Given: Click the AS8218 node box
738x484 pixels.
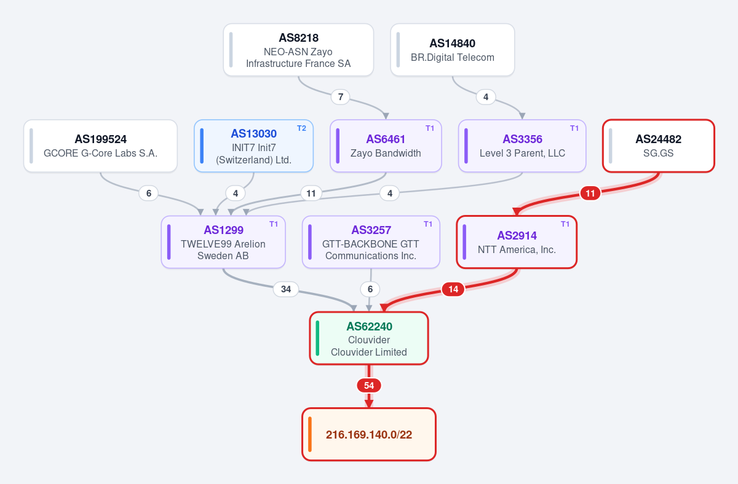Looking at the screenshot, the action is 298,50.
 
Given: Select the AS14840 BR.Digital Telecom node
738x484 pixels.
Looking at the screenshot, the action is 453,50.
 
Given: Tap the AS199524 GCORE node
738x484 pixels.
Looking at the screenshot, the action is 100,146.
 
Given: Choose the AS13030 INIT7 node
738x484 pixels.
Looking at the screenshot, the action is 253,146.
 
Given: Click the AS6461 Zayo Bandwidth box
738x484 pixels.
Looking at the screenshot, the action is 386,146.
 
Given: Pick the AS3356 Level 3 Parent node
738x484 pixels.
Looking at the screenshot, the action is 522,146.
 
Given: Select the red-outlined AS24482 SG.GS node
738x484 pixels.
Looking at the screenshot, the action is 659,146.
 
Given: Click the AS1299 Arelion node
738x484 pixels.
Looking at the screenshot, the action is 223,242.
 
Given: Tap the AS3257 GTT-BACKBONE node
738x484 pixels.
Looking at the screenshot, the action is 371,242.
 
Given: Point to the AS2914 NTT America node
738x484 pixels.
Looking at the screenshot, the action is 517,242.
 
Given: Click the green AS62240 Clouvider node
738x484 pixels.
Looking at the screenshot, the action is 369,338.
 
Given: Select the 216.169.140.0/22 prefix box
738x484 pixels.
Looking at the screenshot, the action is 369,434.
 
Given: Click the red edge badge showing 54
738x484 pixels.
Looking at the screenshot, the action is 369,385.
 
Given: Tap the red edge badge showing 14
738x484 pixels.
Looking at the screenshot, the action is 453,289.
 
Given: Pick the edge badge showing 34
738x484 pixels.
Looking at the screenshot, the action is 286,289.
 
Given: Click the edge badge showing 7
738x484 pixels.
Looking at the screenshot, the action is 340,97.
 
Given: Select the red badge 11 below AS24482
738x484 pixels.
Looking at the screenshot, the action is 590,193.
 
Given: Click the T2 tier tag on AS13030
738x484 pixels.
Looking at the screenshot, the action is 301,128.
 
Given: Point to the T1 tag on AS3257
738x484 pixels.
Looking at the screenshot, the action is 428,224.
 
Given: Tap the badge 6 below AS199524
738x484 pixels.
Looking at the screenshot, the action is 149,193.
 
